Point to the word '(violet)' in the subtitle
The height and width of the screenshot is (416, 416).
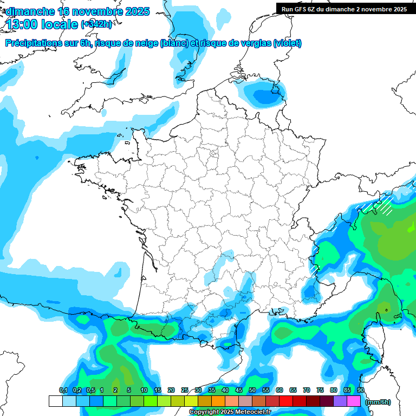[x=287, y=43]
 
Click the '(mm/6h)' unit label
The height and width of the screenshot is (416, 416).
[x=378, y=402]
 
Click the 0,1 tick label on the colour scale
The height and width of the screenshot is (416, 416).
[x=63, y=390]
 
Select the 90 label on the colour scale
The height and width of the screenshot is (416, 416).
[x=361, y=390]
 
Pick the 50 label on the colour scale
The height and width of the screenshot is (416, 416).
[x=252, y=390]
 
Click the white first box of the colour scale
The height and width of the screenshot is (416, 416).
[x=56, y=401]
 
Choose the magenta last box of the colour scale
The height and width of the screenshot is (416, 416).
[x=354, y=401]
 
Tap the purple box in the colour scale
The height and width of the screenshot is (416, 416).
[x=340, y=401]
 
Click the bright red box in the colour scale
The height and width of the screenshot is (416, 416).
[x=286, y=401]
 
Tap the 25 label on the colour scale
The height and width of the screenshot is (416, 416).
[x=185, y=390]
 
